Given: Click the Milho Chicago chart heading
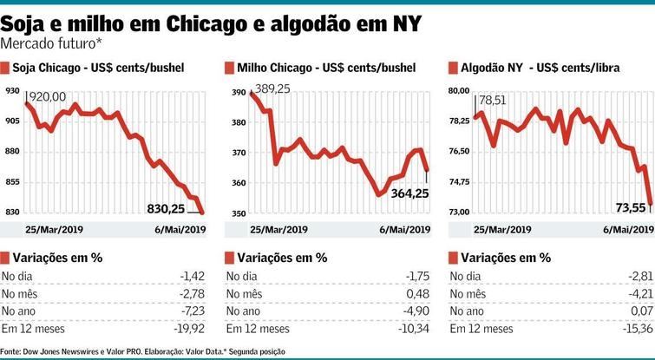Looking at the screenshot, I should pyautogui.click(x=325, y=68).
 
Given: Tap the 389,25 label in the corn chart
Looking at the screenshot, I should pyautogui.click(x=273, y=88).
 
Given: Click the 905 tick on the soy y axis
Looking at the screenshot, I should pyautogui.click(x=12, y=121).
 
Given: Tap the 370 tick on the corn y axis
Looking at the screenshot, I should pyautogui.click(x=238, y=152).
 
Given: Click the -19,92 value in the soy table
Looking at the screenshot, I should pyautogui.click(x=189, y=329).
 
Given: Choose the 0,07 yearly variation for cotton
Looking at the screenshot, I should pyautogui.click(x=642, y=311).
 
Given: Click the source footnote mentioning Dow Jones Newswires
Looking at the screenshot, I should pyautogui.click(x=142, y=351).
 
